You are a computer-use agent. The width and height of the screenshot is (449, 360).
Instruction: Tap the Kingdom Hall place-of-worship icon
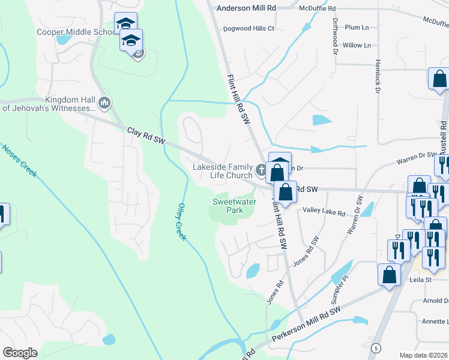tap(104, 104)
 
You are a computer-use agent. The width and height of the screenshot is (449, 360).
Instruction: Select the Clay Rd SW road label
tap(146, 134)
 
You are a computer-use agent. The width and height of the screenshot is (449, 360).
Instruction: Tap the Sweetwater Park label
tap(234, 206)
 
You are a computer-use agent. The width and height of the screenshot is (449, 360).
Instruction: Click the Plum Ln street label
tap(357, 27)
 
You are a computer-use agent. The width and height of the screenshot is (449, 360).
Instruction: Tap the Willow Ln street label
tap(353, 45)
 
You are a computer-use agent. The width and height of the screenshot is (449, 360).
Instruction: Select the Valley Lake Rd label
tap(324, 212)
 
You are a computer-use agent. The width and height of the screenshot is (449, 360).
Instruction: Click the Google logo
tap(20, 353)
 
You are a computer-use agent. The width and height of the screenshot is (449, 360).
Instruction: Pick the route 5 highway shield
tap(376, 347)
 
